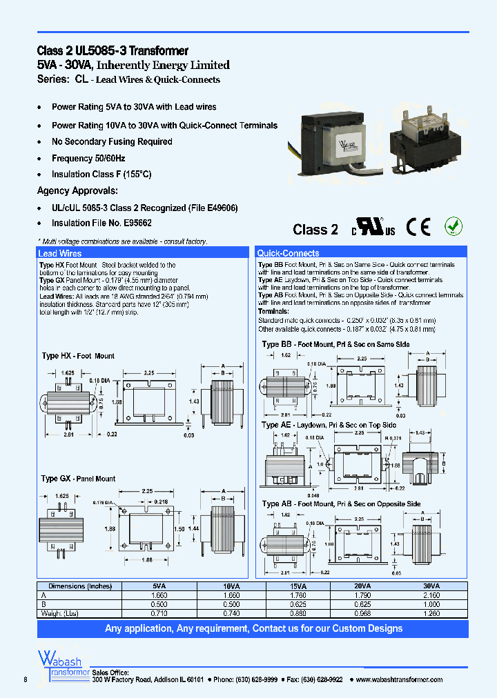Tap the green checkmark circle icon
[x=453, y=226]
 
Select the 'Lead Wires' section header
[x=59, y=254]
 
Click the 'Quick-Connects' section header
[x=288, y=254]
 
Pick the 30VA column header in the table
[x=431, y=586]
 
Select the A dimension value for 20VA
[x=363, y=595]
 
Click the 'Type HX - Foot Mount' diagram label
[x=78, y=356]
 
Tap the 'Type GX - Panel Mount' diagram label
[x=78, y=479]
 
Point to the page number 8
[x=26, y=679]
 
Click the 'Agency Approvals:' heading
[x=77, y=191]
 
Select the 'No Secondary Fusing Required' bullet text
[x=112, y=142]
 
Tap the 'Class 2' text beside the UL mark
[x=315, y=230]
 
